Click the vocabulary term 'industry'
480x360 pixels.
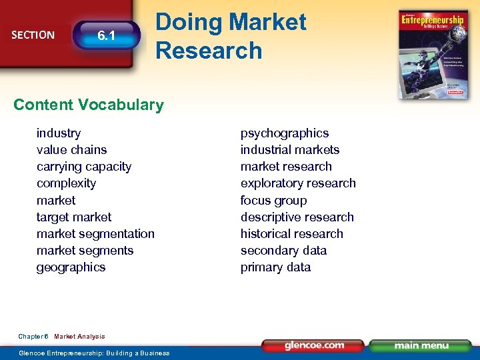coord(59,133)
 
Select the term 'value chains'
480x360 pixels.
coord(71,150)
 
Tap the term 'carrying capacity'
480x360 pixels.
coord(84,167)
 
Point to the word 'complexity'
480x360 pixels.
coord(66,183)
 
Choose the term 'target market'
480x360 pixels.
coord(74,217)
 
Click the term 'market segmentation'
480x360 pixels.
coord(95,234)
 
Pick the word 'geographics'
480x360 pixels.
coord(71,267)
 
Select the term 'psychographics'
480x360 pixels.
coord(285,133)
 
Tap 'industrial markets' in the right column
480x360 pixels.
coord(290,150)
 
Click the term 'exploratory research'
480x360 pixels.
coord(298,183)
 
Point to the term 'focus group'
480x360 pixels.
coord(274,201)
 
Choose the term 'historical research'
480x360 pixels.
coord(292,234)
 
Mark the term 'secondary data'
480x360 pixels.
coord(283,251)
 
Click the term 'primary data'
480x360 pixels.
coord(275,267)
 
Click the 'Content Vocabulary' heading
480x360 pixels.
coord(88,105)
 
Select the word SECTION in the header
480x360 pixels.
coord(33,35)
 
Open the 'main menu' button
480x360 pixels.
coord(420,345)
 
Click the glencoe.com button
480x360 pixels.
coord(313,345)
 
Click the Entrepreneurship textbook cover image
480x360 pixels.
coord(433,55)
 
